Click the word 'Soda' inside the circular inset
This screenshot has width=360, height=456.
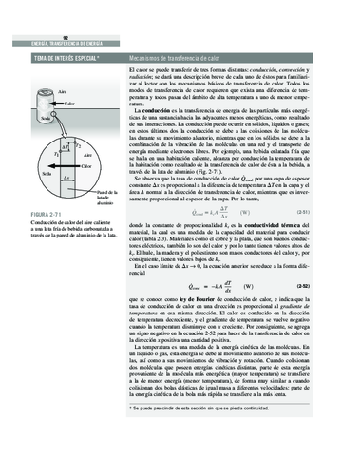pyautogui.click(x=45, y=177)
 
